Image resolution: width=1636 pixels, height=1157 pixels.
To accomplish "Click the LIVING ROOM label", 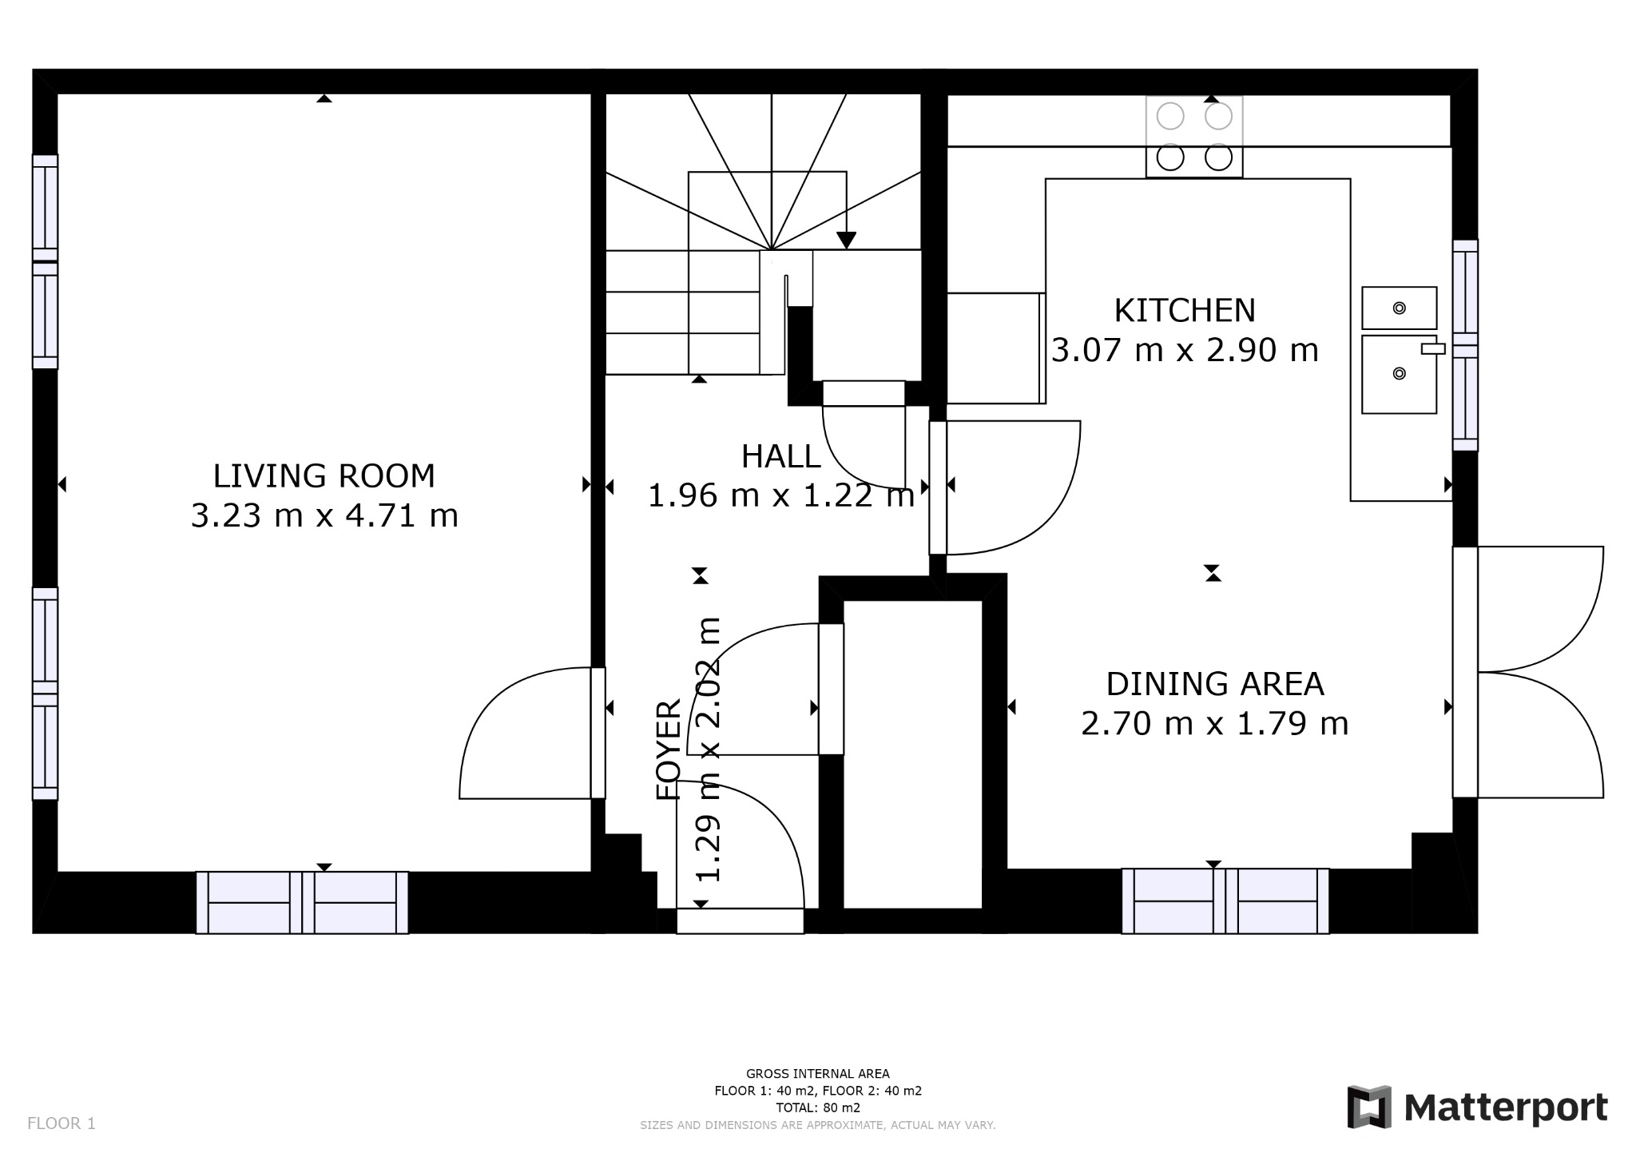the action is pyautogui.click(x=324, y=476).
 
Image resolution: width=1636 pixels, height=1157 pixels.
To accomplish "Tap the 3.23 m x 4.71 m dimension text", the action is pyautogui.click(x=324, y=515).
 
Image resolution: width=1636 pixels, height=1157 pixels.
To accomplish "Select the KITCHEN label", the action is pyautogui.click(x=1185, y=310).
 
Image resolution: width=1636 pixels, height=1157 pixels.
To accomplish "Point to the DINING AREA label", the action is pyautogui.click(x=1215, y=684).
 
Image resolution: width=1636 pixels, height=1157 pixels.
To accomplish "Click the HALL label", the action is pyautogui.click(x=780, y=456).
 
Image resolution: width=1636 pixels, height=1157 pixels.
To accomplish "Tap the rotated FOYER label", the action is pyautogui.click(x=669, y=749).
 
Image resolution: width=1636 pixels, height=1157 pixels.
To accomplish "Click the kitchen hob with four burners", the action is pyautogui.click(x=1194, y=137).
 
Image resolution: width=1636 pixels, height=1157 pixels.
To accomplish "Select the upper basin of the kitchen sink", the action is pyautogui.click(x=1399, y=308).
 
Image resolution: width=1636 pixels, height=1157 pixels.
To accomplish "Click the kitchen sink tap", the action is pyautogui.click(x=1433, y=348).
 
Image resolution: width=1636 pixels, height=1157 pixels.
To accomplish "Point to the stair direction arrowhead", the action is pyautogui.click(x=846, y=240).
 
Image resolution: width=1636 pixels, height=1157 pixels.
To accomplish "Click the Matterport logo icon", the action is pyautogui.click(x=1369, y=1107).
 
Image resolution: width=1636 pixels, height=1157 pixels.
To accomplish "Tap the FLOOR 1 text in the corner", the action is pyautogui.click(x=62, y=1123).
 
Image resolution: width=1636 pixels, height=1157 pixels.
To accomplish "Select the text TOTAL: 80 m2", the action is pyautogui.click(x=818, y=1107).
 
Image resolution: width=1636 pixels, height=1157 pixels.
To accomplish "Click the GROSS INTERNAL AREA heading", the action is pyautogui.click(x=818, y=1074).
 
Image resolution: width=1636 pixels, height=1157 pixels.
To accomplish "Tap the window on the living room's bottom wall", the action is pyautogui.click(x=302, y=902).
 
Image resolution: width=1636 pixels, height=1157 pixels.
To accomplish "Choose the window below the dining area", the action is pyautogui.click(x=1225, y=901).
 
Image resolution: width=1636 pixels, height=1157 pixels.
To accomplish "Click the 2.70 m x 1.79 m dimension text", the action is pyautogui.click(x=1215, y=724).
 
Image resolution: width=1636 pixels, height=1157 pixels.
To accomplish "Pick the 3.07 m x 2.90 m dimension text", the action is pyautogui.click(x=1185, y=350).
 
